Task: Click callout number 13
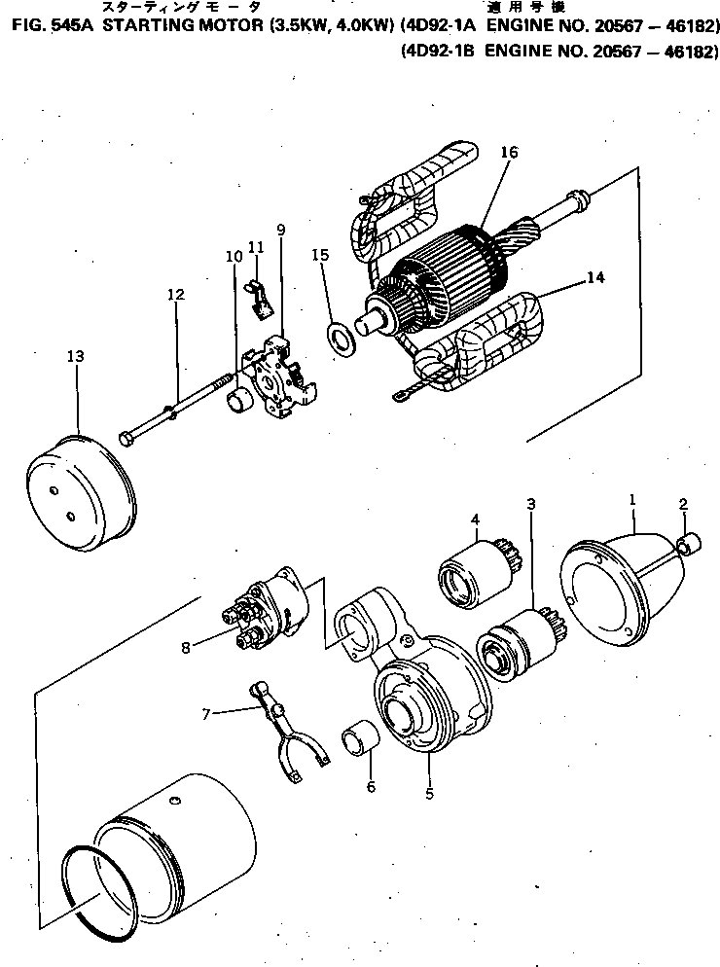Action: click(x=76, y=357)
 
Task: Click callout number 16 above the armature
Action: click(x=510, y=153)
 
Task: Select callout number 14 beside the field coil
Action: click(x=595, y=277)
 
